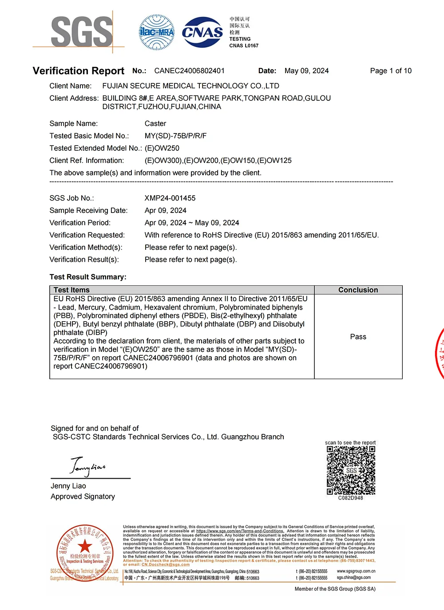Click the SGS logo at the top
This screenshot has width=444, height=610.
pos(82,32)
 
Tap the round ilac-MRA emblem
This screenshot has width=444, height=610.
pos(157,32)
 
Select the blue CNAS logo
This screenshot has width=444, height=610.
pos(202,32)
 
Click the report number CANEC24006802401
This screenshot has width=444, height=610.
pos(190,71)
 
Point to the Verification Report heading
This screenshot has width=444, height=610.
pos(79,71)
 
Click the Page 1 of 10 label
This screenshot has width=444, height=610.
pos(391,71)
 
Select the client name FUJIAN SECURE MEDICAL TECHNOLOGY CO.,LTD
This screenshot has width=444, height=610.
pos(190,86)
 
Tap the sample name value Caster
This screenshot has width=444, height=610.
pos(155,124)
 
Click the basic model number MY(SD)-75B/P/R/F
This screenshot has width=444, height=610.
pos(175,136)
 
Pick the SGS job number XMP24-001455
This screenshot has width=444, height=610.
pos(170,198)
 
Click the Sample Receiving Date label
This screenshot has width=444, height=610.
pos(88,211)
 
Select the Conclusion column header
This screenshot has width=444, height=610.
pos(358,290)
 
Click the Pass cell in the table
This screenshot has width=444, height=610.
pos(358,337)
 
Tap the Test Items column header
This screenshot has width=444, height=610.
pos(71,290)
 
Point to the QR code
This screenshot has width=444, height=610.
pos(351,470)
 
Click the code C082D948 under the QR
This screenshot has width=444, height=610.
pos(350,498)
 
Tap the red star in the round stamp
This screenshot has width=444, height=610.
pos(85,547)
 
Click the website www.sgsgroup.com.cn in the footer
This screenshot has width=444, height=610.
pos(356,571)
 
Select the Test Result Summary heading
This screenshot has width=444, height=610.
pos(88,277)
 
